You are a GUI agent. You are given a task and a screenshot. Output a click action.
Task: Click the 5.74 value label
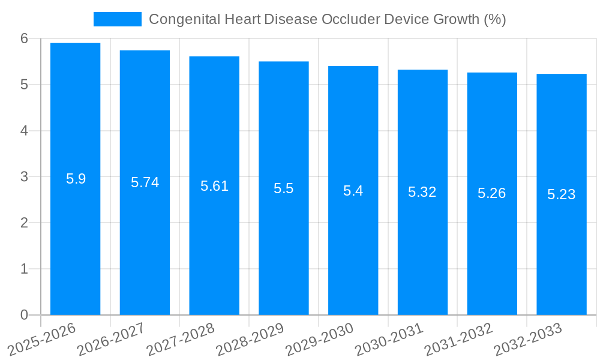pos(145,182)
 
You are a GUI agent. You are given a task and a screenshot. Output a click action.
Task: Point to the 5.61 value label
pos(214,186)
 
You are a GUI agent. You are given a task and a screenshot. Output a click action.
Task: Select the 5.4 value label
pos(353,191)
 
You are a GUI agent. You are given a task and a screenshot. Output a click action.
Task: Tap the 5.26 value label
pos(491,193)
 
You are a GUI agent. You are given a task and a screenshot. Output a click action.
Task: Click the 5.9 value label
pos(76,179)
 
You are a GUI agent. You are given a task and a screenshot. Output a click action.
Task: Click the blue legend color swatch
pos(118,19)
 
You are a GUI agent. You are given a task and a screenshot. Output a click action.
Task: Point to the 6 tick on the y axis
pos(24,38)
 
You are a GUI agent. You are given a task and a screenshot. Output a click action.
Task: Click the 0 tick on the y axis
pos(24,315)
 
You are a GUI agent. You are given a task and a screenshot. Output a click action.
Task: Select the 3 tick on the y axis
pos(24,177)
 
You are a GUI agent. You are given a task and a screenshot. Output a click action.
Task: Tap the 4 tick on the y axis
pos(24,131)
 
